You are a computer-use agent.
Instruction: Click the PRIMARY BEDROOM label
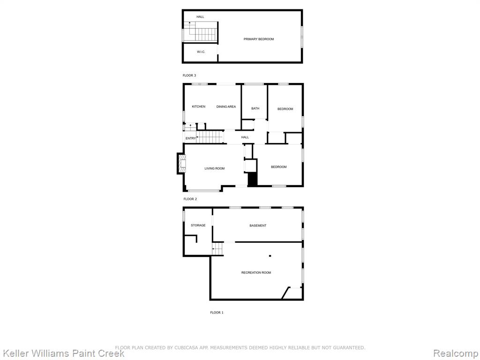pyautogui.click(x=259, y=39)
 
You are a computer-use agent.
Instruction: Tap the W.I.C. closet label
pyautogui.click(x=201, y=52)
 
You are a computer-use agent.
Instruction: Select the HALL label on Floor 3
pyautogui.click(x=200, y=17)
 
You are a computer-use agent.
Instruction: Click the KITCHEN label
pyautogui.click(x=199, y=106)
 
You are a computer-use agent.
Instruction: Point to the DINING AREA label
pyautogui.click(x=226, y=106)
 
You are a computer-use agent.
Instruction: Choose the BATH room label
pyautogui.click(x=255, y=108)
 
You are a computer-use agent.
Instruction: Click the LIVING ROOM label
pyautogui.click(x=215, y=168)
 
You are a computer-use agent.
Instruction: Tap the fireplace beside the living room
pyautogui.click(x=181, y=164)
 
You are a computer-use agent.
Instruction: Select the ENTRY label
pyautogui.click(x=190, y=138)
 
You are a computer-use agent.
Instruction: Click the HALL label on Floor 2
pyautogui.click(x=245, y=137)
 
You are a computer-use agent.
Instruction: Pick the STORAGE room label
pyautogui.click(x=198, y=225)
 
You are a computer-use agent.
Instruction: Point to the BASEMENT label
pyautogui.click(x=258, y=225)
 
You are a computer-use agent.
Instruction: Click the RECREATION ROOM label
pyautogui.click(x=256, y=272)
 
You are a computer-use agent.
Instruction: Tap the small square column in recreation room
pyautogui.click(x=270, y=255)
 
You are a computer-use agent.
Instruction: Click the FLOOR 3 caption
pyautogui.click(x=189, y=75)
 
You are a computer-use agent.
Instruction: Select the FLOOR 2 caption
pyautogui.click(x=190, y=199)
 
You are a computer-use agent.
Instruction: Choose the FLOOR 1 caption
pyautogui.click(x=217, y=313)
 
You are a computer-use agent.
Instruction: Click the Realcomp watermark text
pyautogui.click(x=456, y=353)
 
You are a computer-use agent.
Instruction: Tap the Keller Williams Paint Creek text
pyautogui.click(x=63, y=353)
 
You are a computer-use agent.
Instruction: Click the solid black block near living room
pyautogui.click(x=252, y=179)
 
